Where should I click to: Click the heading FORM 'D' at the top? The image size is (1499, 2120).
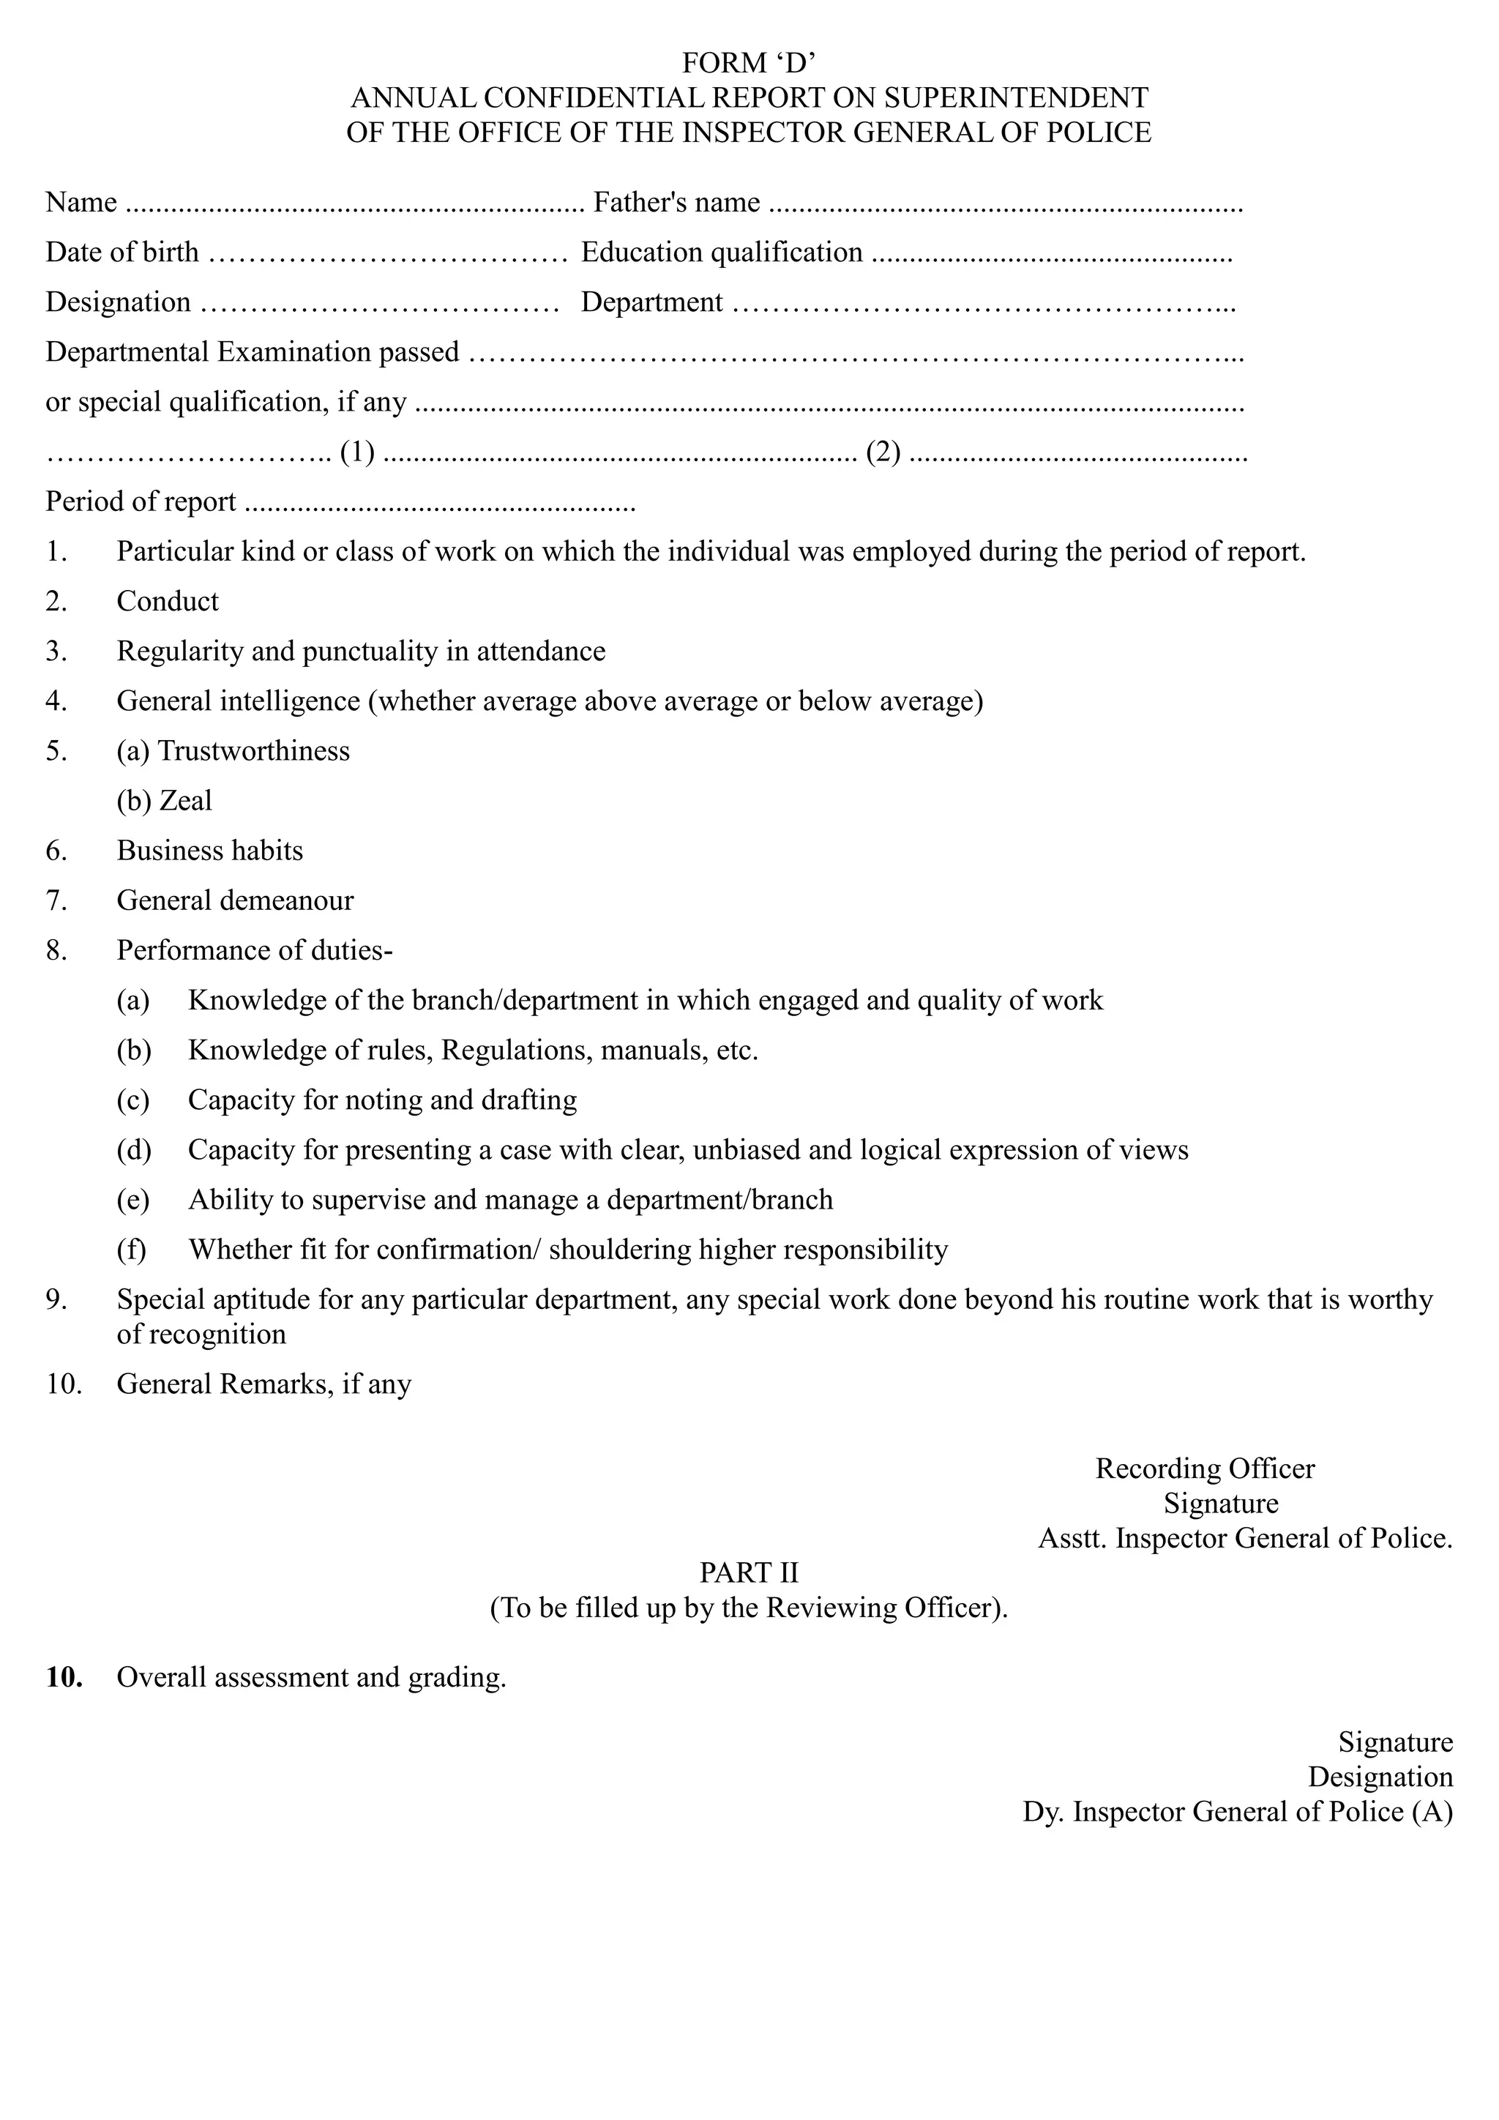pyautogui.click(x=749, y=63)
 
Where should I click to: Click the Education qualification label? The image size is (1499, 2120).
pyautogui.click(x=722, y=252)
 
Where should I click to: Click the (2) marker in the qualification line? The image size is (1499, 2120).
pyautogui.click(x=883, y=452)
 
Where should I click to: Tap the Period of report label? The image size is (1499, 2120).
pyautogui.click(x=141, y=501)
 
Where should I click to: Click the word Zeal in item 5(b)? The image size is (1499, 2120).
pyautogui.click(x=185, y=801)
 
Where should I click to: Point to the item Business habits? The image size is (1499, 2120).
pyautogui.click(x=209, y=851)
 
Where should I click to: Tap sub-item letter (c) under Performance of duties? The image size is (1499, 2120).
pyautogui.click(x=133, y=1100)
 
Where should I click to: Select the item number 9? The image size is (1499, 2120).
pyautogui.click(x=56, y=1299)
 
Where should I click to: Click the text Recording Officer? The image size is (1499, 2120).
pyautogui.click(x=1205, y=1468)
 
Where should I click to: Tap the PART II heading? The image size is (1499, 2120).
pyautogui.click(x=749, y=1572)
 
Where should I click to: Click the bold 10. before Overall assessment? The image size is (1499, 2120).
pyautogui.click(x=64, y=1677)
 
